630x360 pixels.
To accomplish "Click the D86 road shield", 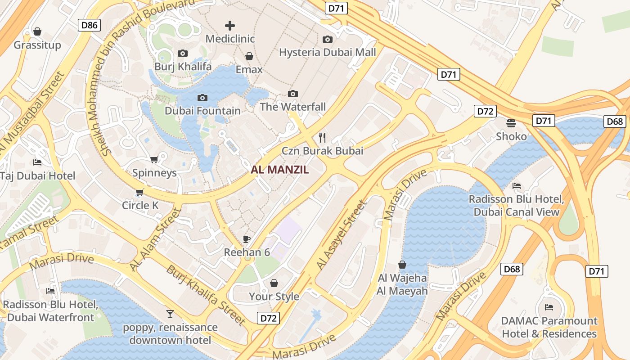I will (89, 25).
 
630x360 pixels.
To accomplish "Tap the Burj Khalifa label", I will (183, 67).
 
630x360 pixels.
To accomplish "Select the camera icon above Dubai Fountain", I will (202, 98).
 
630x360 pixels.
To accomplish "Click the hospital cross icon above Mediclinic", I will (230, 26).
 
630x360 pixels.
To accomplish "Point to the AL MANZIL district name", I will (280, 170).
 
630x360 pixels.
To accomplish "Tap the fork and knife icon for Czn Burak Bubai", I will (322, 137).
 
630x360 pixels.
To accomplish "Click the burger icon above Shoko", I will (511, 123).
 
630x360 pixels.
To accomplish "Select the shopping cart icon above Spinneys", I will (154, 159).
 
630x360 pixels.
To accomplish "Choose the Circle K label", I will (140, 206).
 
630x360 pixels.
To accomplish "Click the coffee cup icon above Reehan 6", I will (247, 239).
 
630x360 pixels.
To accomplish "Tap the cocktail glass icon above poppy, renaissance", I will (170, 314).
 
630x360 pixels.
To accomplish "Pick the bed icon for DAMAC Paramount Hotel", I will (549, 307).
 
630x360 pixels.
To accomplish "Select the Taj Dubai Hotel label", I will (38, 175).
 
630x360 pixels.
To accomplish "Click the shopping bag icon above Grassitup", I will (37, 31).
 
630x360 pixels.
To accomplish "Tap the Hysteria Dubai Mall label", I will (327, 52).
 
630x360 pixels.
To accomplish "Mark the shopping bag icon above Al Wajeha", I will (402, 265).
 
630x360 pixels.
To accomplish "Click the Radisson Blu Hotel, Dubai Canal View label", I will (516, 206).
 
